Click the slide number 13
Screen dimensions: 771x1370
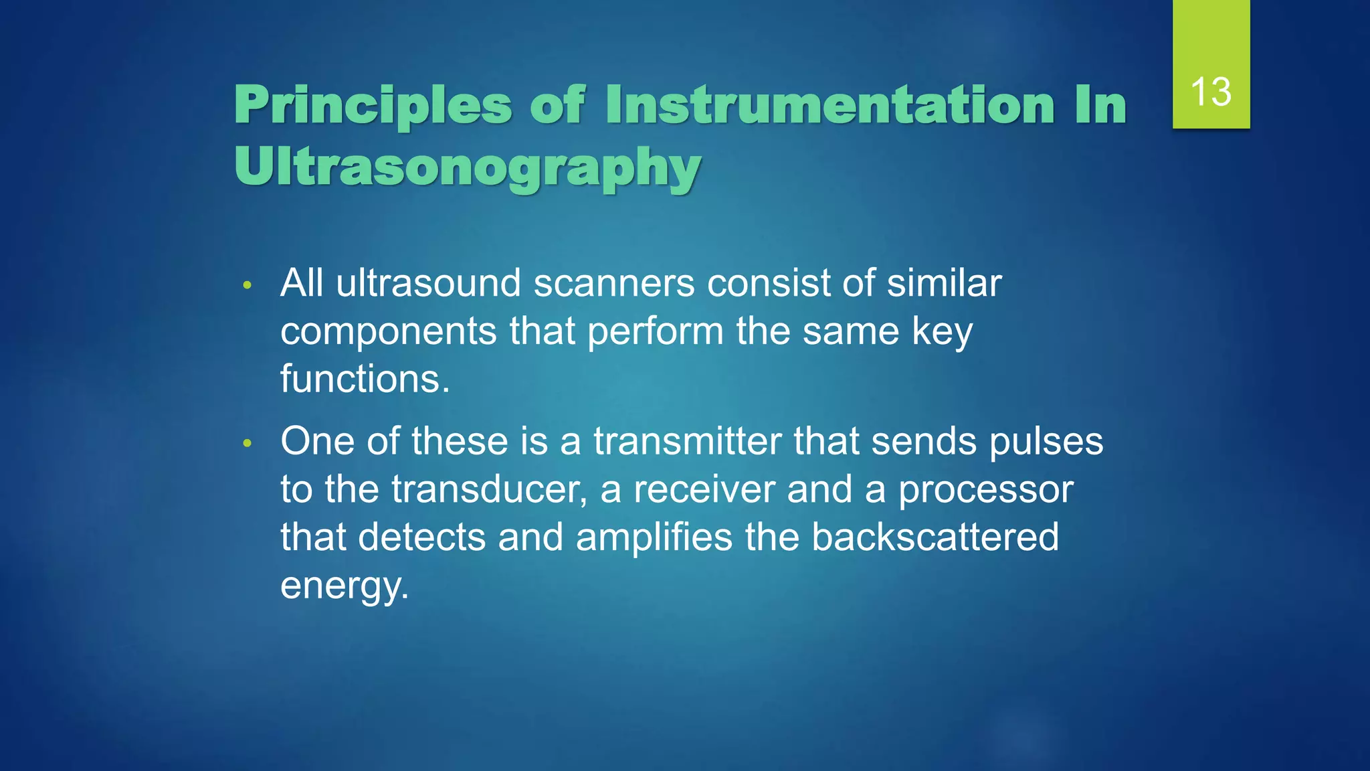[1211, 92]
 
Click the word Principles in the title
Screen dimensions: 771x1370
[373, 106]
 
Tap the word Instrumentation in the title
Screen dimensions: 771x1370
[829, 106]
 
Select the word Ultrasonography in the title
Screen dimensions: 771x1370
[468, 167]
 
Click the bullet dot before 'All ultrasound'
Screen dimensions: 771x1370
[248, 286]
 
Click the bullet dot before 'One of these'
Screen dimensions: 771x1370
[248, 444]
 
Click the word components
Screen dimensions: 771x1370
[389, 333]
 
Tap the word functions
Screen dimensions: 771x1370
[365, 379]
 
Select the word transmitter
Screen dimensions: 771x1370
[687, 442]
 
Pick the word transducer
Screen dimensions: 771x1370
[489, 490]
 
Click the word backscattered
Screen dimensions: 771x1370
[935, 537]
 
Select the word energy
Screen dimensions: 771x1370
[344, 586]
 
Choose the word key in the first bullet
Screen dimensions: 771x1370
[942, 333]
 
